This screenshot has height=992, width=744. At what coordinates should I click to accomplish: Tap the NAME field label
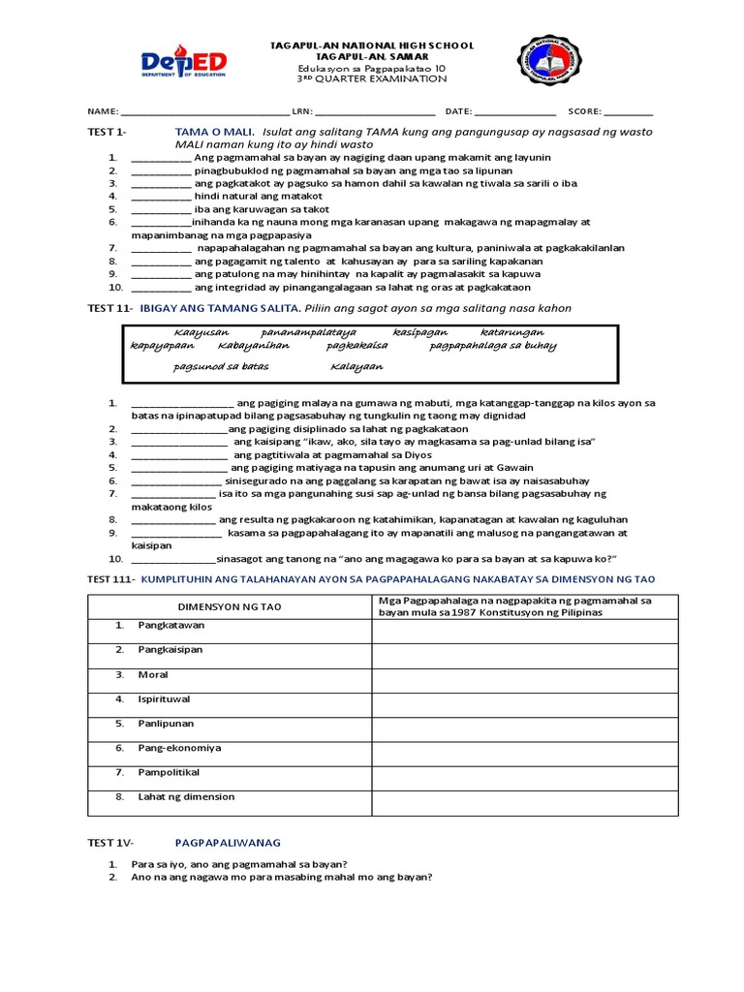pos(102,111)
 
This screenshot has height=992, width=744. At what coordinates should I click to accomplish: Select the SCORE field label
pos(584,111)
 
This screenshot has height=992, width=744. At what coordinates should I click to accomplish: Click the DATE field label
pos(458,111)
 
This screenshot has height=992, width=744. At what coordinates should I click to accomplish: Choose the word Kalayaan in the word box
pos(357,367)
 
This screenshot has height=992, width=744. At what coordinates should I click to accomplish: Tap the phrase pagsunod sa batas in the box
pos(222,367)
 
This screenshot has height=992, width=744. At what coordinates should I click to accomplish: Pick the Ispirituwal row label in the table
pos(166,697)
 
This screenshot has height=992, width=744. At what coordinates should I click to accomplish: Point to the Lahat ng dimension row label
pos(187,796)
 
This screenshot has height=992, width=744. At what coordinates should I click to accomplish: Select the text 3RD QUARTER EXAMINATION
pos(372,79)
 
